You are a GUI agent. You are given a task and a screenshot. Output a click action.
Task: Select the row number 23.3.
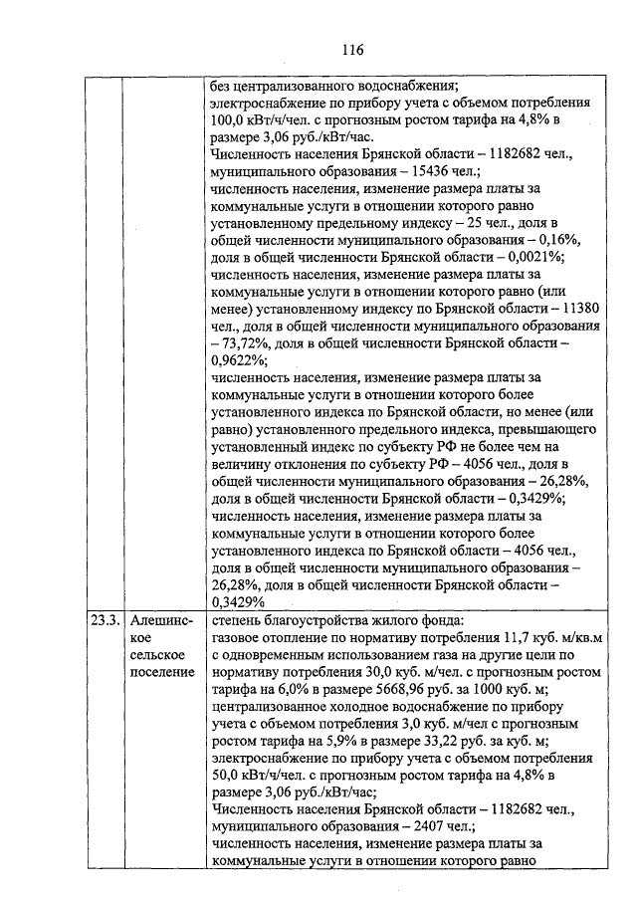pos(104,620)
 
